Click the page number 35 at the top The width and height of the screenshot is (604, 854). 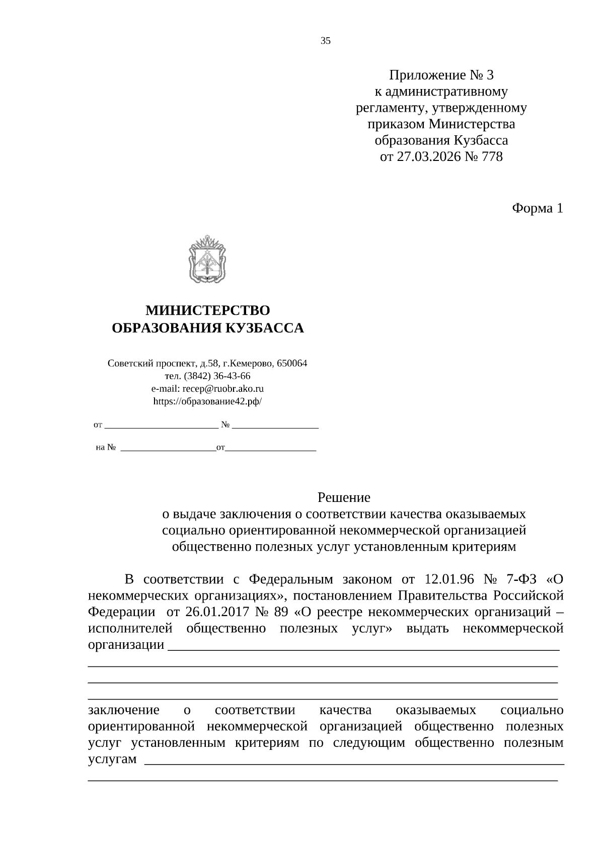(x=325, y=41)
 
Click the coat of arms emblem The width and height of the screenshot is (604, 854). (x=207, y=261)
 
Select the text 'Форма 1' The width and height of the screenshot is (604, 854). (x=537, y=208)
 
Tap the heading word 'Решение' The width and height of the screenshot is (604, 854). (x=344, y=497)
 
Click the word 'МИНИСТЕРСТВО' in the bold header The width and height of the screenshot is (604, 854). (x=207, y=310)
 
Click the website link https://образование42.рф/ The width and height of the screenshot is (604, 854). (x=207, y=401)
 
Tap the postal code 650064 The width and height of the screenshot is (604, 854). (x=292, y=363)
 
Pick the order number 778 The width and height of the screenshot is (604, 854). (x=492, y=156)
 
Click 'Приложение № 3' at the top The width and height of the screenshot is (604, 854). (x=441, y=75)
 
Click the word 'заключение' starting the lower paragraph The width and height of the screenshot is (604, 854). (x=123, y=710)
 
